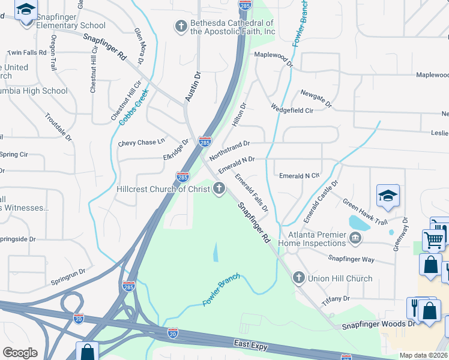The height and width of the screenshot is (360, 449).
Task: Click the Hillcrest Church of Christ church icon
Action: point(219,190)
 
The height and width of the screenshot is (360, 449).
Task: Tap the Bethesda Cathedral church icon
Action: point(180,26)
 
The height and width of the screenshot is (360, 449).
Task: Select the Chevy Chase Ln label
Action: point(141,142)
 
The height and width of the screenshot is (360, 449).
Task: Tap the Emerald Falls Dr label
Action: point(251,192)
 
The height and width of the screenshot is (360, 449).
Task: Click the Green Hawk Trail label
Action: point(365,212)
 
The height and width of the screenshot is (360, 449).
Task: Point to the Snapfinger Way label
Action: point(351,259)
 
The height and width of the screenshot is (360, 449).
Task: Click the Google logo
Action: point(20,353)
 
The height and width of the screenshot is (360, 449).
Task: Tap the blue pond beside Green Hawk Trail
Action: point(359,222)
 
